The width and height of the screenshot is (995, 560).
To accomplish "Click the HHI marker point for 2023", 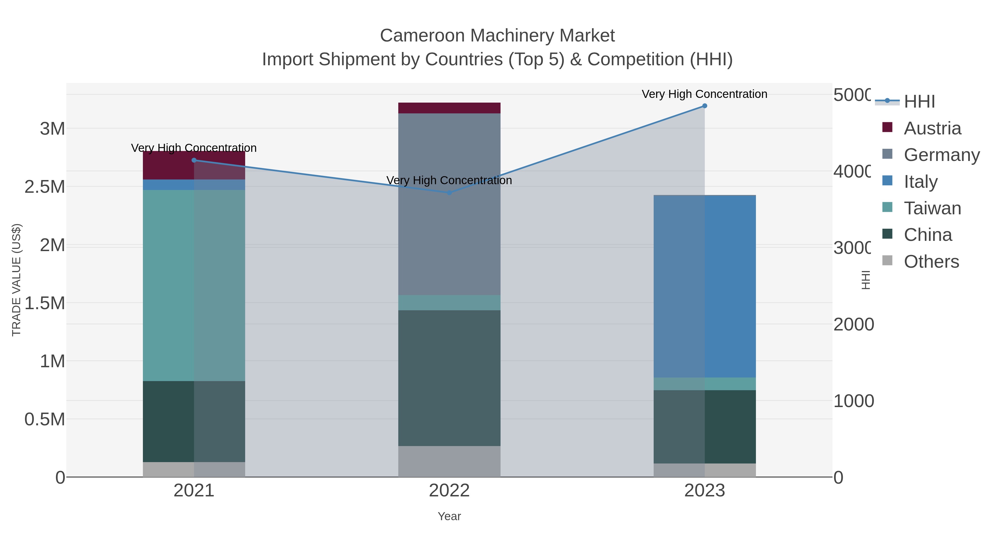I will point(705,106).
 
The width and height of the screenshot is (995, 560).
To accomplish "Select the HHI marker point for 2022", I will point(449,192).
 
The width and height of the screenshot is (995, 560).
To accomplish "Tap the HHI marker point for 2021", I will point(194,160).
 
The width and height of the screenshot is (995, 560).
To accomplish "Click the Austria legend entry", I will point(932,128).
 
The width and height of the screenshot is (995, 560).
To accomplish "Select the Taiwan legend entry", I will point(932,208).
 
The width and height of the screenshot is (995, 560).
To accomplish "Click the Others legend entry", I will point(931,262).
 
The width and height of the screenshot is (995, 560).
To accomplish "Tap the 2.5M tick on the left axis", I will point(45,187).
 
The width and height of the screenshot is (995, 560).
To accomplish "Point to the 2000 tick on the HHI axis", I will point(853,325).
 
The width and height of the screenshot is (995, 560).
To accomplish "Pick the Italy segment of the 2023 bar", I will point(705,286).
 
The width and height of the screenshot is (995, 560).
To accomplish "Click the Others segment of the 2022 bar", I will point(449,462).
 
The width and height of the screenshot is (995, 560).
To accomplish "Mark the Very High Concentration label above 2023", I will point(704,94).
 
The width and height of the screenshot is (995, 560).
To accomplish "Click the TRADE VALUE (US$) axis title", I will point(16,280).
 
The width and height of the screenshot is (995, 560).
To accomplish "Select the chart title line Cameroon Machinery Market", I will point(497,36).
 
